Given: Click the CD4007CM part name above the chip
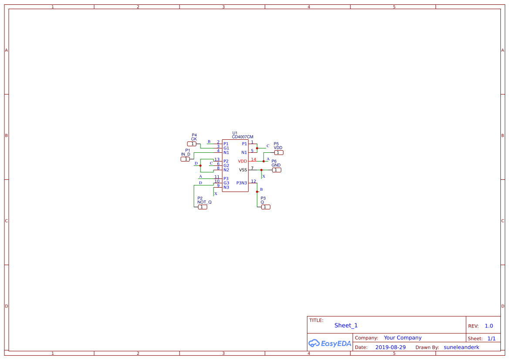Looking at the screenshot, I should tap(242, 137).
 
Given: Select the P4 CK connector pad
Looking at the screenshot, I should tap(192, 144).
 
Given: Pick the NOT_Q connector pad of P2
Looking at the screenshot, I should tap(203, 207).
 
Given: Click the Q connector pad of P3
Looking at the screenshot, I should tap(266, 207).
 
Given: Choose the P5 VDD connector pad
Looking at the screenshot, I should tap(279, 152).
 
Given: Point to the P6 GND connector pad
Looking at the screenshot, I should tap(277, 170).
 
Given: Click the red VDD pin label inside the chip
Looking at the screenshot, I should tap(243, 161).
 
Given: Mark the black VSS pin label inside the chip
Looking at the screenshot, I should tap(243, 170).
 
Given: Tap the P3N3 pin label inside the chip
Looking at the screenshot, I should tap(242, 183).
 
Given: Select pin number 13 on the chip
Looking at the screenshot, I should tap(217, 159).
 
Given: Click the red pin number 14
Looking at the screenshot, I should tap(253, 159).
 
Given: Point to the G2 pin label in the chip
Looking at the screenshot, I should tap(226, 165).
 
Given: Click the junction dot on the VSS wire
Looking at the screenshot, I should tap(261, 170).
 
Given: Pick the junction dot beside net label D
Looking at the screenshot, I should tap(200, 165).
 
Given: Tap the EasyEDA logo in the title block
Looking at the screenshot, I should tap(330, 343).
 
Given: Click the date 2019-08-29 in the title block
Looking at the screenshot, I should tap(390, 347).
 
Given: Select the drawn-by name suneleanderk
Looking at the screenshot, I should tap(461, 347).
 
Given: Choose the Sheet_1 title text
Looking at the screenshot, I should tap(346, 326).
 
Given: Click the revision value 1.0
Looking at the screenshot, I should tap(489, 326).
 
